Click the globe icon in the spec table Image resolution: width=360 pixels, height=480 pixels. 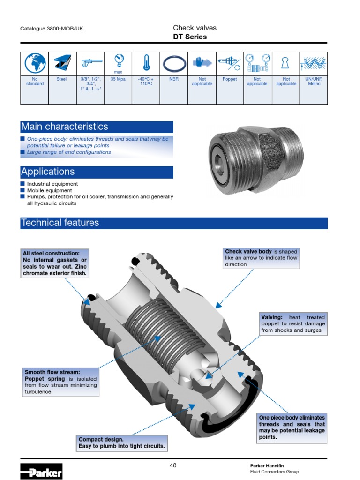point(35,63)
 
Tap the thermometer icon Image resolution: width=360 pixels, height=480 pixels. point(146,63)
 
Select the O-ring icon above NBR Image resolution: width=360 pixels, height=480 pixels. point(174,63)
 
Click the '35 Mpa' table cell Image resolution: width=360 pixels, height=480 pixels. point(118,80)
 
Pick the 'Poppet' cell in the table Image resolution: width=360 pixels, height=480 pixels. point(230,80)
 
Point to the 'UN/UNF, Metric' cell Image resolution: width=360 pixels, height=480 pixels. point(314,82)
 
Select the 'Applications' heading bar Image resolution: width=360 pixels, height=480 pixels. point(97,172)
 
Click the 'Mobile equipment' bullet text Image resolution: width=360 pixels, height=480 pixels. point(50,191)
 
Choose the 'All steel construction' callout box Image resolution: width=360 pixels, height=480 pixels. point(54,263)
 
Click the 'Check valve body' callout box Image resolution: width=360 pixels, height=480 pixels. point(261,258)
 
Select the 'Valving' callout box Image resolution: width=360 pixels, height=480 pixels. point(293,324)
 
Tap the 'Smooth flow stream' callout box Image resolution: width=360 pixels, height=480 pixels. point(60,382)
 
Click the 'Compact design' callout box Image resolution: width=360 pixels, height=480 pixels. point(122,443)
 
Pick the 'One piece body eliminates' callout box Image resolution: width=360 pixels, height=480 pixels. point(292,427)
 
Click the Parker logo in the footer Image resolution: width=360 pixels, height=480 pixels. point(41,471)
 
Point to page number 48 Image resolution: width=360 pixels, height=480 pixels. point(173,465)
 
